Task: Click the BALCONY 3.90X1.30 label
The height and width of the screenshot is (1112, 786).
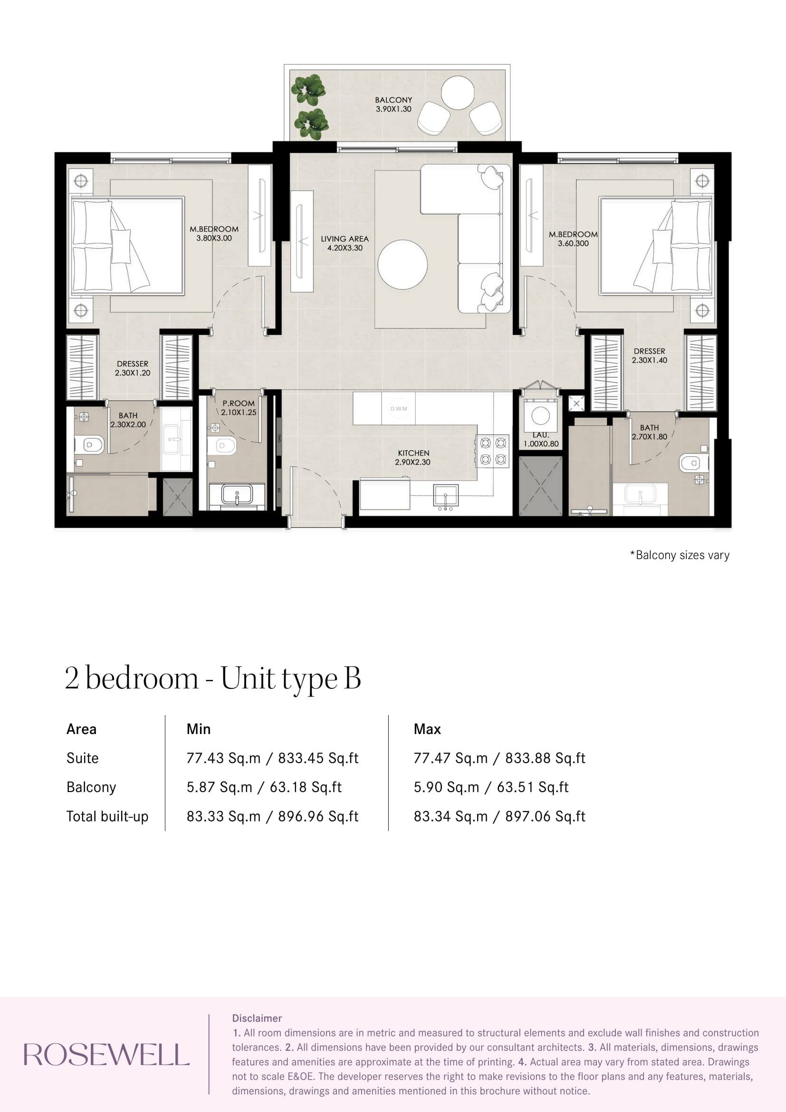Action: [393, 104]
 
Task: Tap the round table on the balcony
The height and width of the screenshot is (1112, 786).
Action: [457, 93]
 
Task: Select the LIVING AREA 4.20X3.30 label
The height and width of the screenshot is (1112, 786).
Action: [345, 243]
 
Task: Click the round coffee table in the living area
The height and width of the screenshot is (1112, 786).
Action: [403, 264]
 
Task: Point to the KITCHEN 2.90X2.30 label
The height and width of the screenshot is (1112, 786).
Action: [413, 457]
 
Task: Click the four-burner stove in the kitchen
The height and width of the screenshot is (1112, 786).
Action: [493, 451]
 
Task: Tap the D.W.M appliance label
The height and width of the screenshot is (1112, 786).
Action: [399, 409]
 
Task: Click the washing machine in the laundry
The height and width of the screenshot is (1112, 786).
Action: [541, 416]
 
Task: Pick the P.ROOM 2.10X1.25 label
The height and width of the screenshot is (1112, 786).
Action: [239, 408]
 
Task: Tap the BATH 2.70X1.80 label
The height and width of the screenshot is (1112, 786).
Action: [650, 432]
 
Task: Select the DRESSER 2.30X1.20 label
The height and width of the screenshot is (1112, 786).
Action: [132, 368]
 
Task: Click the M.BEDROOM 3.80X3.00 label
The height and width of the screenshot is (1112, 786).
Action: [214, 233]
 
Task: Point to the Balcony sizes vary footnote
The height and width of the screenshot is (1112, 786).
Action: [680, 555]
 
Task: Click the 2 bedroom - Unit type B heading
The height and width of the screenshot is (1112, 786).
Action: [213, 678]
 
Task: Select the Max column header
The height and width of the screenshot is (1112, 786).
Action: [427, 729]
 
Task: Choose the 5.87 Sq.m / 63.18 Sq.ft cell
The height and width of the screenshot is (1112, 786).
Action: [264, 787]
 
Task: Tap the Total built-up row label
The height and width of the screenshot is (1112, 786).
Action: [107, 816]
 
